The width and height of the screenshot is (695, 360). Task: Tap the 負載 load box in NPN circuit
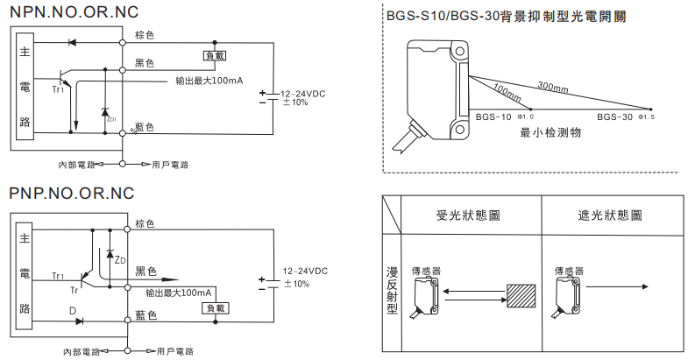point(214,55)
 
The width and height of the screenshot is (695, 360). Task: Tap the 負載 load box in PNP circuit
point(214,308)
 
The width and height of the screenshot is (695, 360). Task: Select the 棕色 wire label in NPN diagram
point(145,35)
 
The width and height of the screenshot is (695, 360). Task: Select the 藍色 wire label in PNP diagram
point(145,314)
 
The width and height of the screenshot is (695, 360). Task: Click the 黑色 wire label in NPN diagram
point(145,63)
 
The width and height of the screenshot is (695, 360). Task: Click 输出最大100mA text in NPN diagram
point(209,81)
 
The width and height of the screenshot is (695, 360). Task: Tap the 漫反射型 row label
point(392,290)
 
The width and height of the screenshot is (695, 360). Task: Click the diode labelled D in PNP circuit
point(81,321)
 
